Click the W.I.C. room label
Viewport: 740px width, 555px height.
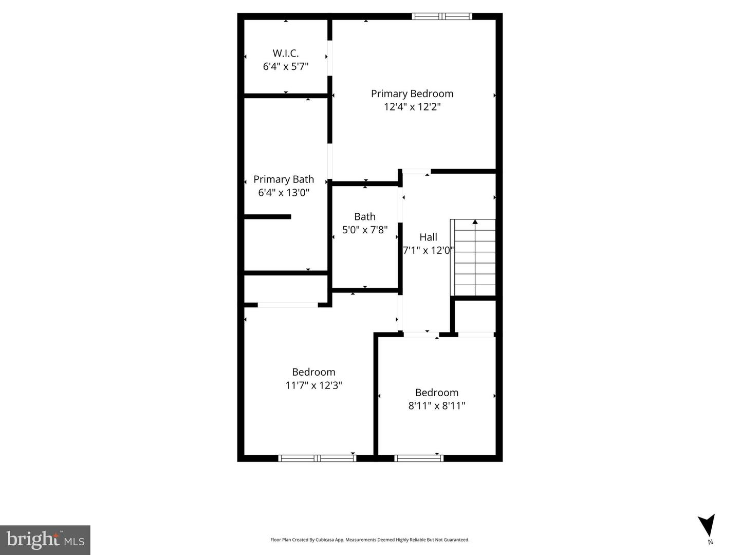pyautogui.click(x=285, y=53)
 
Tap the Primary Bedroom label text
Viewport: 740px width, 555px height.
pyautogui.click(x=412, y=94)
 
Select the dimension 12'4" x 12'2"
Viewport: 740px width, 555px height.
pyautogui.click(x=412, y=107)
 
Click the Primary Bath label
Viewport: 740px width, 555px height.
pyautogui.click(x=284, y=179)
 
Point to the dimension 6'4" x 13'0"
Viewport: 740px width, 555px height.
pyautogui.click(x=284, y=193)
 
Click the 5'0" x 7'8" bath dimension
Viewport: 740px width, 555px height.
pyautogui.click(x=365, y=230)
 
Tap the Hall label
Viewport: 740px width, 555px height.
pyautogui.click(x=428, y=237)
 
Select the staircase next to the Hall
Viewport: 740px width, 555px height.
pyautogui.click(x=473, y=257)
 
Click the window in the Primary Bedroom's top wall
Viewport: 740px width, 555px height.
pyautogui.click(x=442, y=16)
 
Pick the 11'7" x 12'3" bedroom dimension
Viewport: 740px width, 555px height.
pyautogui.click(x=313, y=385)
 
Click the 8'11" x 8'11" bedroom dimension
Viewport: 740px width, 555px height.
pyautogui.click(x=437, y=406)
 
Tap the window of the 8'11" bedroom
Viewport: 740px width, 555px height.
pyautogui.click(x=419, y=458)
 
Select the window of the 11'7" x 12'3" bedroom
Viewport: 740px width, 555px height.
pyautogui.click(x=317, y=458)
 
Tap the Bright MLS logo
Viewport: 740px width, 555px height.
pyautogui.click(x=45, y=540)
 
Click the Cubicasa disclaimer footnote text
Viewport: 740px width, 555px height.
pyautogui.click(x=369, y=540)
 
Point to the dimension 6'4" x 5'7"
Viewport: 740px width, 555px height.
pyautogui.click(x=285, y=66)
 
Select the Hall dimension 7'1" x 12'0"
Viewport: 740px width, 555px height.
pyautogui.click(x=428, y=250)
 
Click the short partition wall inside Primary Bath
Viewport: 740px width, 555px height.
pyautogui.click(x=267, y=217)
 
